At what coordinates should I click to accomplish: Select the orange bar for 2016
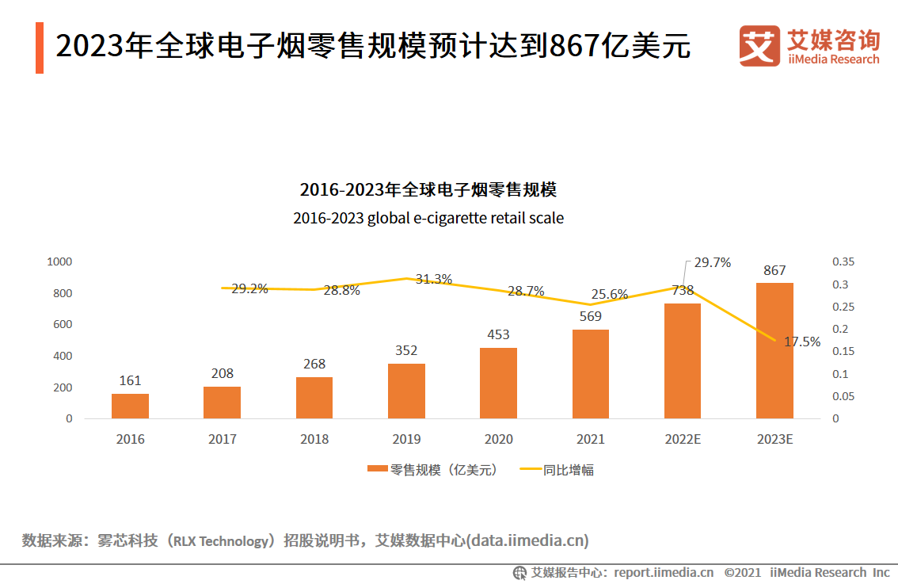point(130,406)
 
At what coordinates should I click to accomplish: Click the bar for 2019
point(406,391)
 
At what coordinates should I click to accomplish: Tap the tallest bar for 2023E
point(774,350)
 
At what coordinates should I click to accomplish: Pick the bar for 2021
point(590,373)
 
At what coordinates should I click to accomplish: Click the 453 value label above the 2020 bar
point(498,334)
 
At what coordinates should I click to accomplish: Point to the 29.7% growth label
point(712,263)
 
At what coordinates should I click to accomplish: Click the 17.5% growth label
point(802,342)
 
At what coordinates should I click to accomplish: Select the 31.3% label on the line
point(434,279)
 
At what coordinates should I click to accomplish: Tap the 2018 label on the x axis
point(314,439)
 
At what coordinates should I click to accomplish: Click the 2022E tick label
point(682,439)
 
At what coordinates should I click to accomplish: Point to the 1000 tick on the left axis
point(60,261)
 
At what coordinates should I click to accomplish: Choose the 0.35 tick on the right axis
point(844,261)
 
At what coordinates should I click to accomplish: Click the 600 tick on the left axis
point(63,324)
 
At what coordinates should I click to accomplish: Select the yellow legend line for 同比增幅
point(530,470)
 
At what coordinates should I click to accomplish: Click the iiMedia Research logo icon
point(759,47)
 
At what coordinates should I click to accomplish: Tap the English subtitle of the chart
point(428,218)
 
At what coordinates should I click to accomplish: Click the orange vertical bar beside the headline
point(40,48)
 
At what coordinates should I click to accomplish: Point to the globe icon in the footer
point(519,572)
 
